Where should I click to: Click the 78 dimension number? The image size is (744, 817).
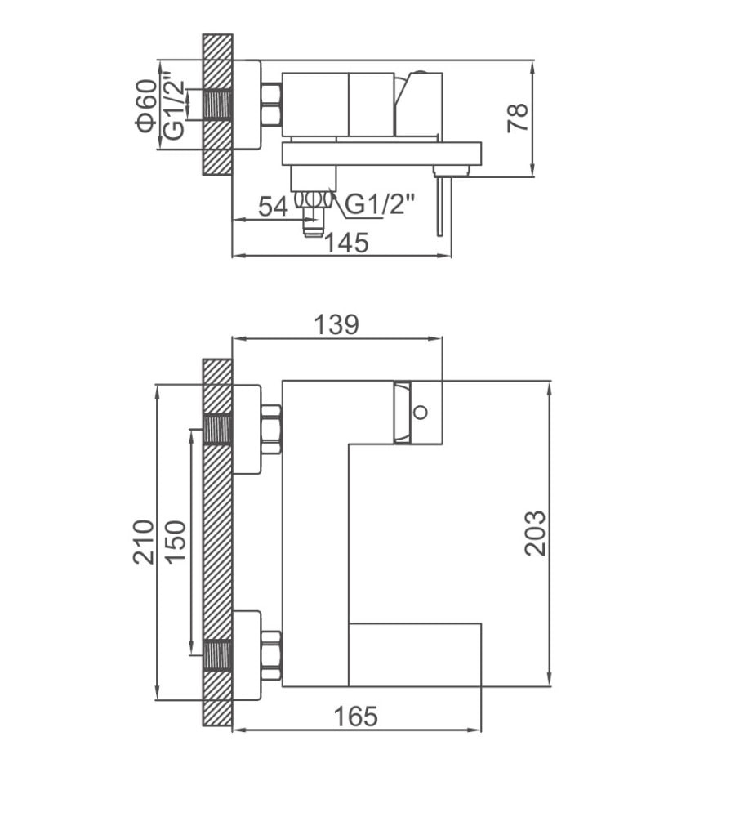point(517,118)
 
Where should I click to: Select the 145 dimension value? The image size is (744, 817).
point(347,243)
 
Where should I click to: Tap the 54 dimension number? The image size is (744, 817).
point(273,206)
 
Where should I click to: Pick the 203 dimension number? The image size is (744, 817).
point(535,533)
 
